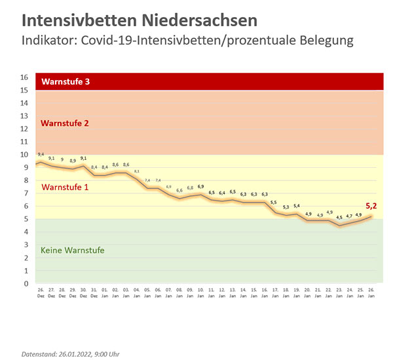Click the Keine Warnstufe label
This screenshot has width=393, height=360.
pyautogui.click(x=72, y=250)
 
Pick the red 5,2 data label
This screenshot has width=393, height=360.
pyautogui.click(x=371, y=206)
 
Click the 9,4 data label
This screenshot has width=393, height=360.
pyautogui.click(x=41, y=153)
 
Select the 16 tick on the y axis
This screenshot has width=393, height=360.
pyautogui.click(x=25, y=77)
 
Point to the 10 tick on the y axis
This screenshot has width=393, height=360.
pyautogui.click(x=25, y=155)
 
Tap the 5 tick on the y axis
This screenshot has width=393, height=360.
pyautogui.click(x=26, y=219)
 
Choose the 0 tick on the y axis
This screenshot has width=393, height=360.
pyautogui.click(x=26, y=284)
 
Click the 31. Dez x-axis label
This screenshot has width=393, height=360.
pyautogui.click(x=94, y=294)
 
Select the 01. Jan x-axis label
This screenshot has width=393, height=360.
pyautogui.click(x=105, y=294)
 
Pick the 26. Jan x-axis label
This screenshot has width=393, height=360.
pyautogui.click(x=371, y=294)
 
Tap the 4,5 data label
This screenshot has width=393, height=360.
pyautogui.click(x=339, y=217)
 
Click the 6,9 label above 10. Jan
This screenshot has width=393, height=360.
pyautogui.click(x=200, y=187)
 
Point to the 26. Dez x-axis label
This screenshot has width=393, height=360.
pyautogui.click(x=41, y=294)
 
